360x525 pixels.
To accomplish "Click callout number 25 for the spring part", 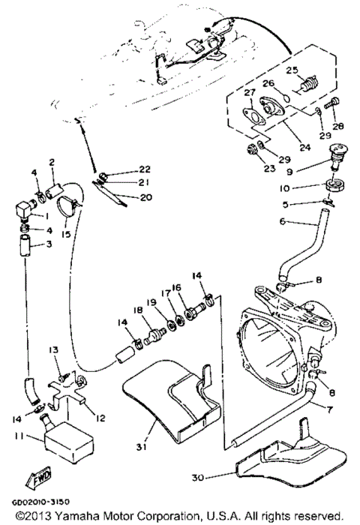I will [x=292, y=71].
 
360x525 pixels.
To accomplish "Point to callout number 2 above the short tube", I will [x=52, y=161].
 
